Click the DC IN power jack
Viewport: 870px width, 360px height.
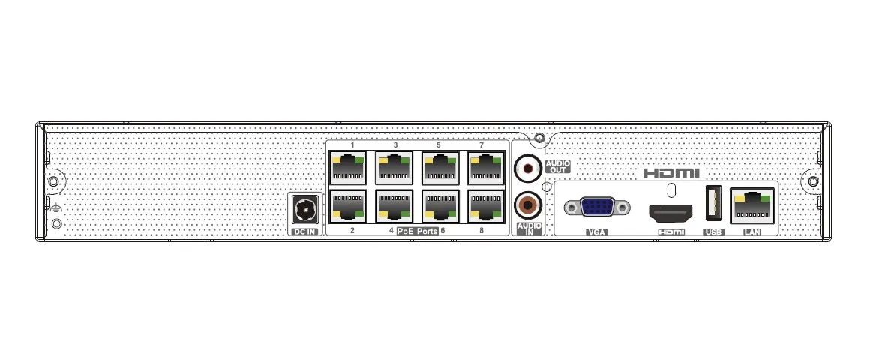tap(305, 210)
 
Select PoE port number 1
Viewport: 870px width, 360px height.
tap(348, 167)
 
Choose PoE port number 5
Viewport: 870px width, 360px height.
tap(440, 167)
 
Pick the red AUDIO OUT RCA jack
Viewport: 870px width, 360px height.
tap(528, 168)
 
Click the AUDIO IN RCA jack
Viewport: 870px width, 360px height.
tap(528, 206)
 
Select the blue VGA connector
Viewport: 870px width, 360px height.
tap(597, 208)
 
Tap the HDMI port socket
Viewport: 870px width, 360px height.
tap(670, 213)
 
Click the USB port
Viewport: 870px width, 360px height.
tap(713, 204)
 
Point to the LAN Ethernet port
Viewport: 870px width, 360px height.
tap(752, 205)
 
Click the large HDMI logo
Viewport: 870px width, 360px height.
tap(671, 173)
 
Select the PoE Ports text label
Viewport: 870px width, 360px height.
tap(417, 231)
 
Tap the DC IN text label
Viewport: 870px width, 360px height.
tap(305, 231)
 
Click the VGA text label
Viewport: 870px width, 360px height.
tap(596, 232)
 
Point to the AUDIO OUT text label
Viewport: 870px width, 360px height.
tap(557, 166)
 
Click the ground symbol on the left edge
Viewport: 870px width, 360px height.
tap(54, 208)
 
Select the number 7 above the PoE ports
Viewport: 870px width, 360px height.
tap(481, 145)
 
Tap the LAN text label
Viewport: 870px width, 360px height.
tap(752, 232)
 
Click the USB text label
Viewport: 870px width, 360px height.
tap(713, 232)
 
